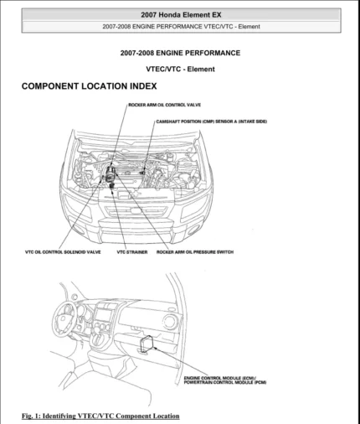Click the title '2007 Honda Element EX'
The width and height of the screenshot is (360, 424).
180,15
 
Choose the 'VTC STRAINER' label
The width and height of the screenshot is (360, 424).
132,251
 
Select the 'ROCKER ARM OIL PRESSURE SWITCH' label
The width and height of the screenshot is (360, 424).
194,251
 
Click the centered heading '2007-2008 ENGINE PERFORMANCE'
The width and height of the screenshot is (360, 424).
180,53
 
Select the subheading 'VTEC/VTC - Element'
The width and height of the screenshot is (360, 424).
180,69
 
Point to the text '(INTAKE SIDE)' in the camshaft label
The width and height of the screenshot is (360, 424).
251,122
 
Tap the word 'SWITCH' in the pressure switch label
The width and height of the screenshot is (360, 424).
224,251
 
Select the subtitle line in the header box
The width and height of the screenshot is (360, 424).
180,27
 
